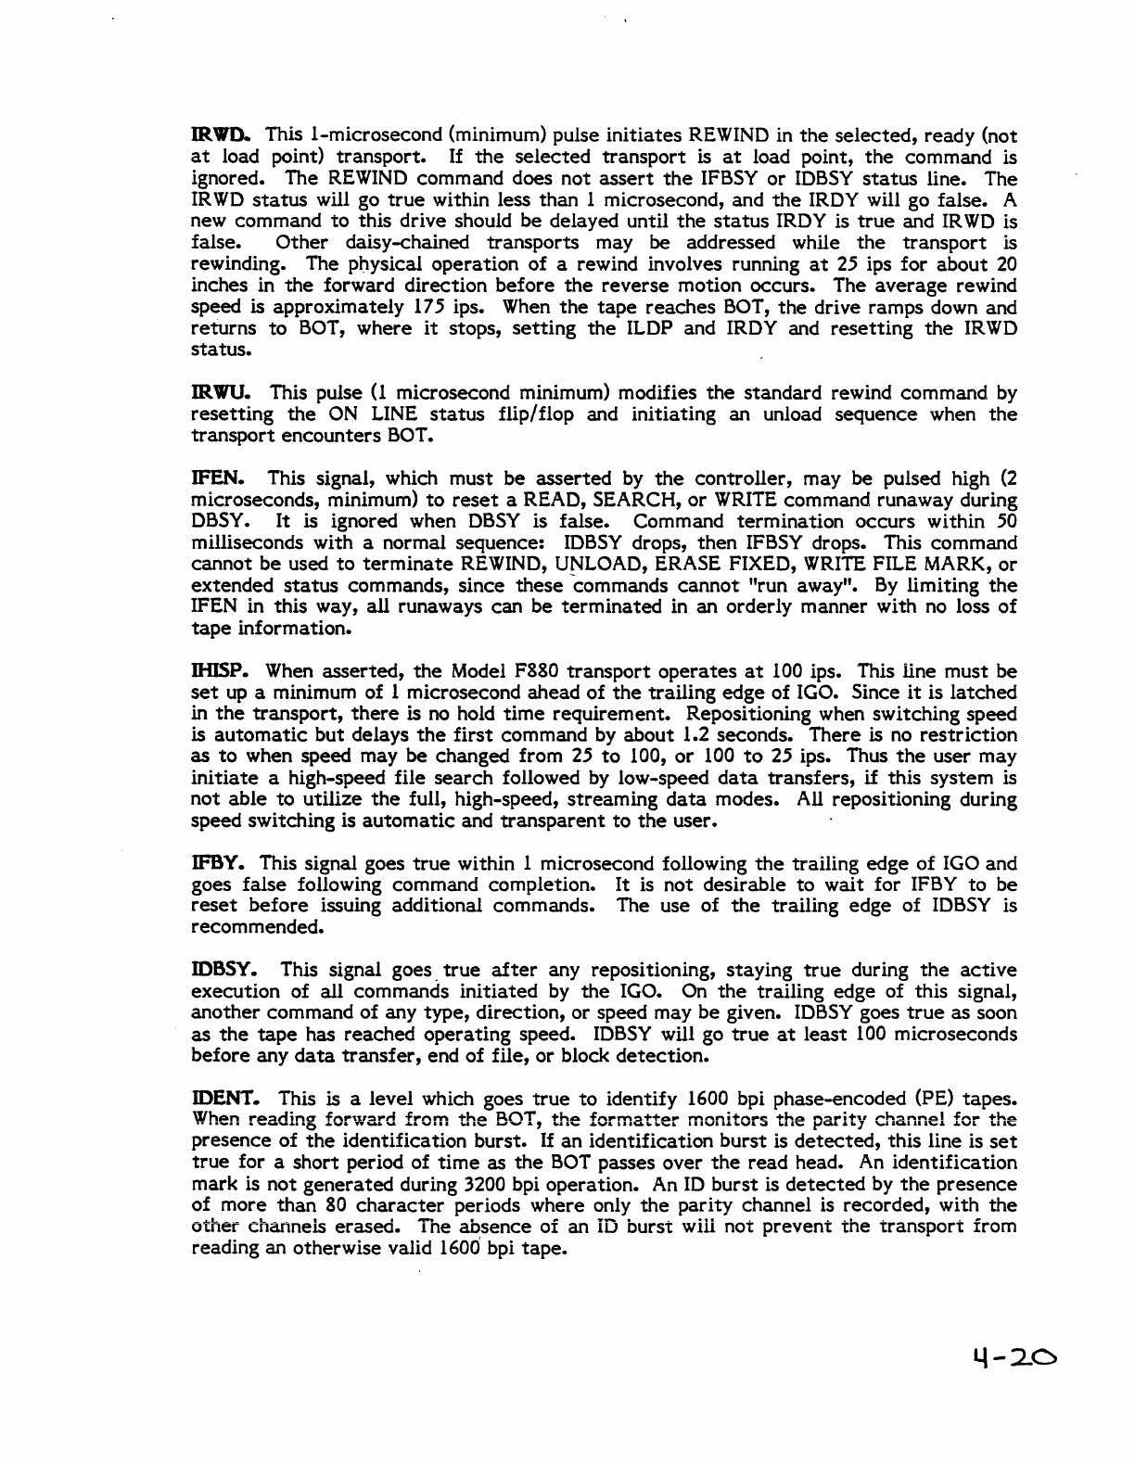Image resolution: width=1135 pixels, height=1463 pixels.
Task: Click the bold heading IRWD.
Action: (x=211, y=136)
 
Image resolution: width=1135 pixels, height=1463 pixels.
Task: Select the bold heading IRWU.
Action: (x=211, y=393)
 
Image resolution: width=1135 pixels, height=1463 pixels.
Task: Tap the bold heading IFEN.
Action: (x=210, y=479)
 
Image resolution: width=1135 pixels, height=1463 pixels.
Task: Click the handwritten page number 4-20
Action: (x=1009, y=1359)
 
